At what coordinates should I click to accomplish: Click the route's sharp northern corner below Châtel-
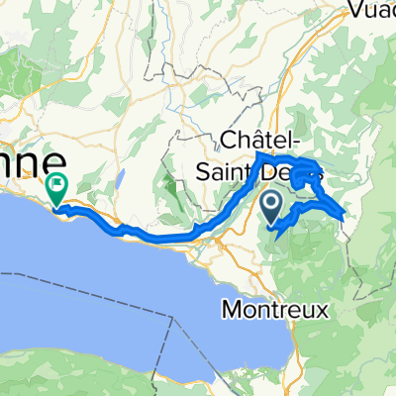coord(258,154)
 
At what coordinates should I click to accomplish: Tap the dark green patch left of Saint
coord(170,184)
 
